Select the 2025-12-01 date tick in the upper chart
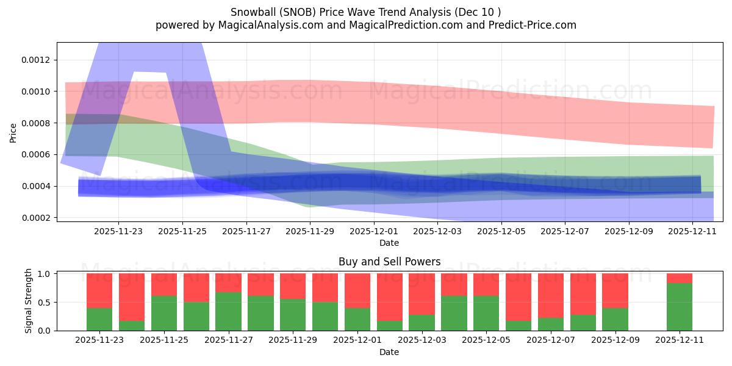pos(373,231)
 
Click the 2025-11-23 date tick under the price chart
pos(118,231)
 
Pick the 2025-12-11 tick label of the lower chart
pos(680,340)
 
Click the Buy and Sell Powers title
pos(389,262)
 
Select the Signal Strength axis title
pos(29,302)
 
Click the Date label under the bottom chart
pos(389,352)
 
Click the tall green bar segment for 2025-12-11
pos(680,307)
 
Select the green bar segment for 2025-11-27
pos(228,312)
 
